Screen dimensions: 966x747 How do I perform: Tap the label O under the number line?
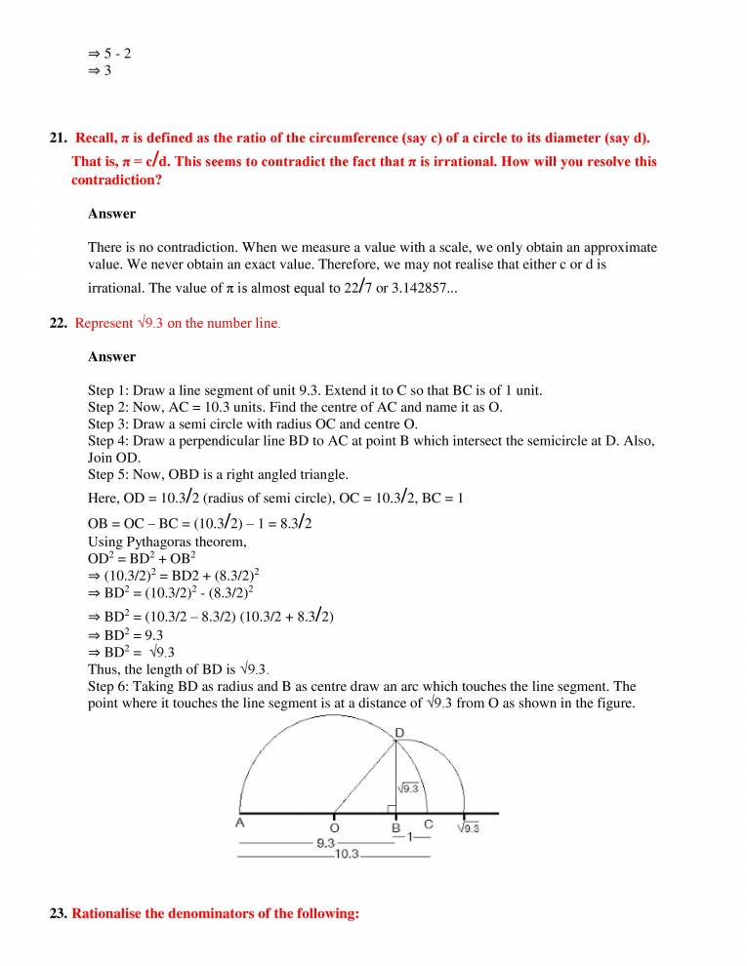click(335, 826)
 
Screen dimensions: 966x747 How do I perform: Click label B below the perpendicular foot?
click(395, 827)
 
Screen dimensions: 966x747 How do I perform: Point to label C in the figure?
click(428, 825)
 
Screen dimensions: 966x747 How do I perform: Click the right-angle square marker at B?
click(390, 808)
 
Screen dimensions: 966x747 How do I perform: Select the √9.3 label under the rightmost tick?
click(469, 828)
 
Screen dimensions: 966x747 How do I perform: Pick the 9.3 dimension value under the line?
click(326, 842)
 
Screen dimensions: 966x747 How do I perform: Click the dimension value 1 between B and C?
click(412, 837)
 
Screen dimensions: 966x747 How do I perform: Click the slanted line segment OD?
click(364, 777)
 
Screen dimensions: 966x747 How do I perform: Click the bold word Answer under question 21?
click(111, 213)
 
